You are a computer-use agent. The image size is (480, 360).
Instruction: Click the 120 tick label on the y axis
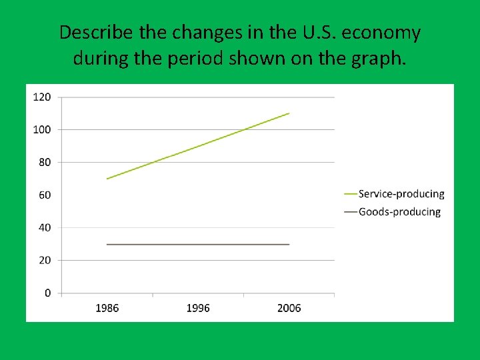[x=41, y=97]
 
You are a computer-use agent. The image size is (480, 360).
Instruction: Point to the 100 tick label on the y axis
[x=41, y=129]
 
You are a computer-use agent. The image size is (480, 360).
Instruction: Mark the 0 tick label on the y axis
[x=47, y=293]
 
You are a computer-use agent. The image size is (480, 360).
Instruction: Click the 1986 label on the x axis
[x=107, y=308]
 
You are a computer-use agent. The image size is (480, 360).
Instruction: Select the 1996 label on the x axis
[x=198, y=308]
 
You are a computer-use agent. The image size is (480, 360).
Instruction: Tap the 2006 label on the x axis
[x=289, y=308]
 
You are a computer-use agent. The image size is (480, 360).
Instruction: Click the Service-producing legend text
[x=401, y=194]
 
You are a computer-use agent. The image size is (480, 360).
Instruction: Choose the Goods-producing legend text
[x=399, y=212]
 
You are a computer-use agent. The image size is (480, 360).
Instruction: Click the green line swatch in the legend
[x=350, y=194]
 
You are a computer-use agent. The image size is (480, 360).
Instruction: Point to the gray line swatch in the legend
[x=350, y=212]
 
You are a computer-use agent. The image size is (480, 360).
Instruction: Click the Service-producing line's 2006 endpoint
[x=289, y=113]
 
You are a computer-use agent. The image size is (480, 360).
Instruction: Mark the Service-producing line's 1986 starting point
[x=107, y=179]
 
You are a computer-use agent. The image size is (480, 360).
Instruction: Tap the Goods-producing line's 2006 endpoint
[x=289, y=244]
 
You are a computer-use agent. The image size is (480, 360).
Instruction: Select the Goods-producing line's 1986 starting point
[x=107, y=244]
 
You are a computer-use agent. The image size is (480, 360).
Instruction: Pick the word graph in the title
[x=377, y=59]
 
